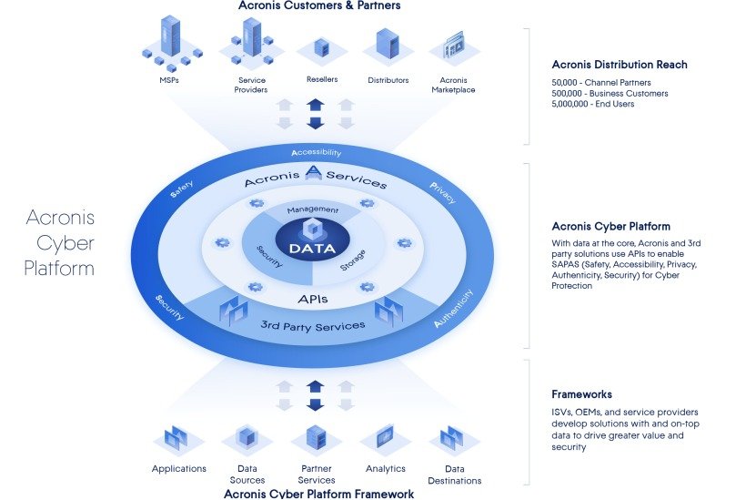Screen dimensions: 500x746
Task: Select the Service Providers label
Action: click(x=250, y=85)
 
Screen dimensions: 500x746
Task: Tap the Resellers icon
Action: click(x=320, y=48)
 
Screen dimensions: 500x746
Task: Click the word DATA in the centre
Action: click(x=313, y=248)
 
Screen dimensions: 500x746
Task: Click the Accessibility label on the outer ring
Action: click(x=316, y=152)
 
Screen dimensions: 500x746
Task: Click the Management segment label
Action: click(x=313, y=209)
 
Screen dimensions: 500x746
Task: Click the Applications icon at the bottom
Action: click(x=178, y=440)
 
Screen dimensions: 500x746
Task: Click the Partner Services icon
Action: click(x=316, y=438)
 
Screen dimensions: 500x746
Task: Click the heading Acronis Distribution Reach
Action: click(x=620, y=65)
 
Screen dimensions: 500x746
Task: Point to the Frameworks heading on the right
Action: click(x=581, y=394)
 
